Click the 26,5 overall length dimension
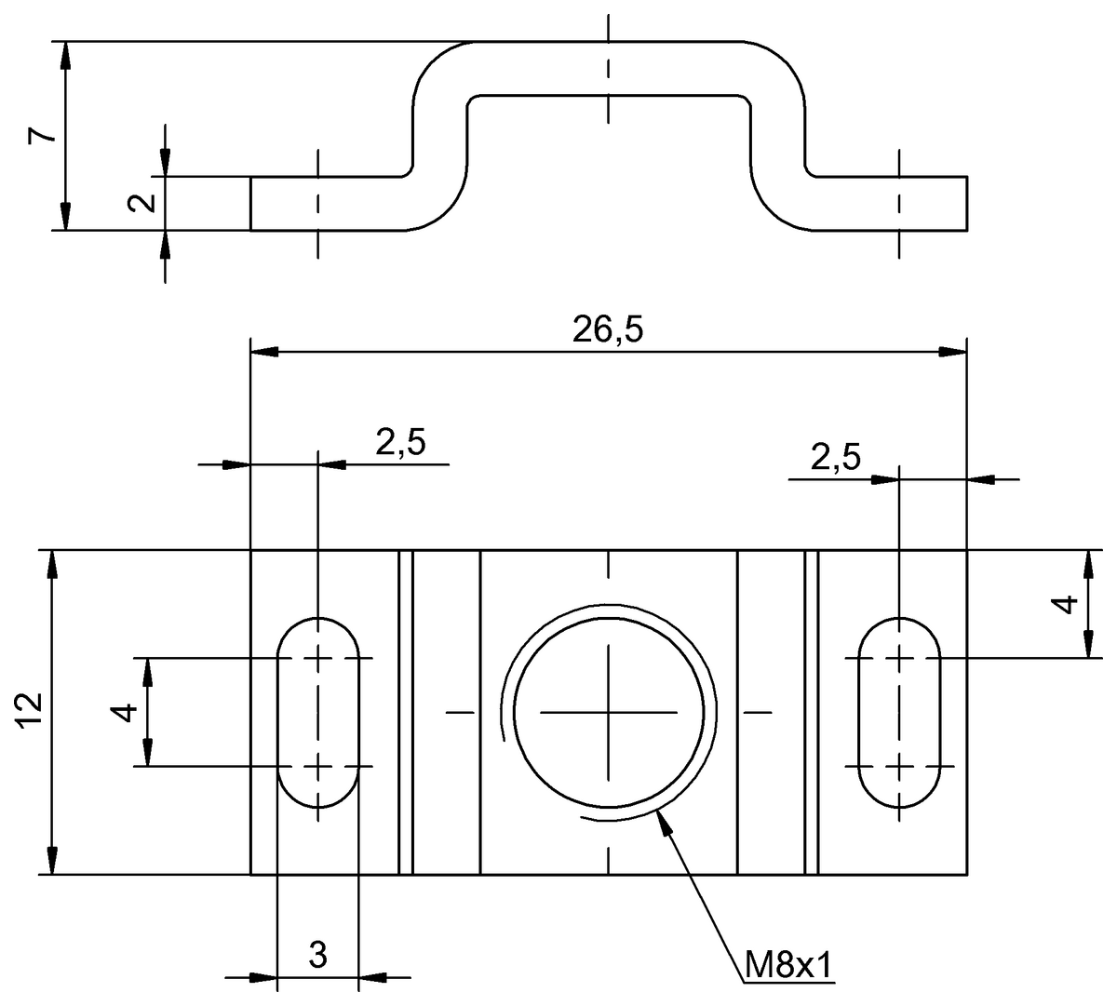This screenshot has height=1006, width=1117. pos(608,331)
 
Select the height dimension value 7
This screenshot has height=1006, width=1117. pos(42,135)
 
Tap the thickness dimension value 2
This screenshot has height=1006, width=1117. pos(142,202)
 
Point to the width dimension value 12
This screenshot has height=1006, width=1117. pos(30,711)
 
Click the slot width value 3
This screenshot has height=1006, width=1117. pos(317,954)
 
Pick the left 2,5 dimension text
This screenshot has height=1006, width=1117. pos(400,443)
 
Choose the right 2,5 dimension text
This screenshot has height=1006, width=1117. pos(835,458)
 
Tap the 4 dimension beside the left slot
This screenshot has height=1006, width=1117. pos(125,712)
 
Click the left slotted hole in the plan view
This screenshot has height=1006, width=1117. pos(318,712)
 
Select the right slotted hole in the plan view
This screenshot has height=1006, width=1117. pos(898,712)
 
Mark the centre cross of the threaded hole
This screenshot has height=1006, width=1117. pos(609,713)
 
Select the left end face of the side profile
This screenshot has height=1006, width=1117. pos(251,202)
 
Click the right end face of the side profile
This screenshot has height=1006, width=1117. pos(967,202)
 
